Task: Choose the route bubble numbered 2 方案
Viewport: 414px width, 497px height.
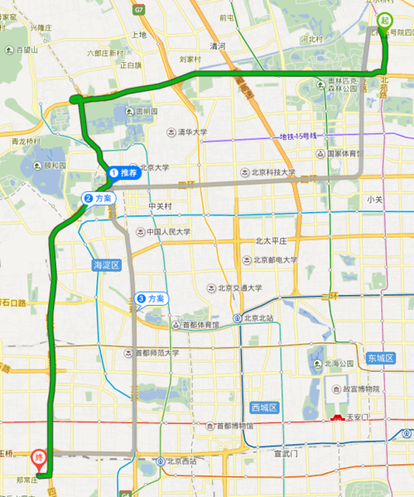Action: click(98, 199)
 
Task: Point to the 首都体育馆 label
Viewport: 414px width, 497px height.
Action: click(201, 325)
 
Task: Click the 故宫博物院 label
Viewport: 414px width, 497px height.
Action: click(354, 388)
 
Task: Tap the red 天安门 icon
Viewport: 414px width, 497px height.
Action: click(338, 416)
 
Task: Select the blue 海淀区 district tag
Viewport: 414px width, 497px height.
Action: click(105, 264)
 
